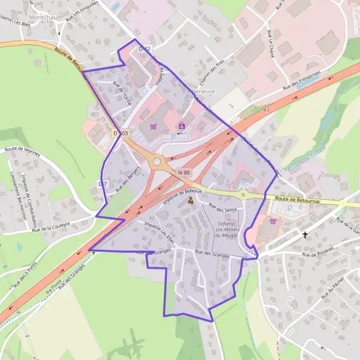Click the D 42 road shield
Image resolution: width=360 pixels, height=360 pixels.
click(x=144, y=48)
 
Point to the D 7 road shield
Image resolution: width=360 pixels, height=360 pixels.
click(x=103, y=184)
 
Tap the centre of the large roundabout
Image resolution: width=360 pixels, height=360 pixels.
click(x=158, y=161)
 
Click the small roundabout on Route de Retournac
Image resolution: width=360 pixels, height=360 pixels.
click(x=243, y=195)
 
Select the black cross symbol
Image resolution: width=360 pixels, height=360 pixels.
click(x=305, y=235)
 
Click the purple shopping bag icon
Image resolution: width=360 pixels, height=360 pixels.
click(x=181, y=125)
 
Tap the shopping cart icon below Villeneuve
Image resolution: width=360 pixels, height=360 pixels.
click(x=154, y=127)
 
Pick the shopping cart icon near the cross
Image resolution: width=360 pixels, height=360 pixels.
click(x=274, y=220)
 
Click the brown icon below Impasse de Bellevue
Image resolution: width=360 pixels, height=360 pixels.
click(x=191, y=202)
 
